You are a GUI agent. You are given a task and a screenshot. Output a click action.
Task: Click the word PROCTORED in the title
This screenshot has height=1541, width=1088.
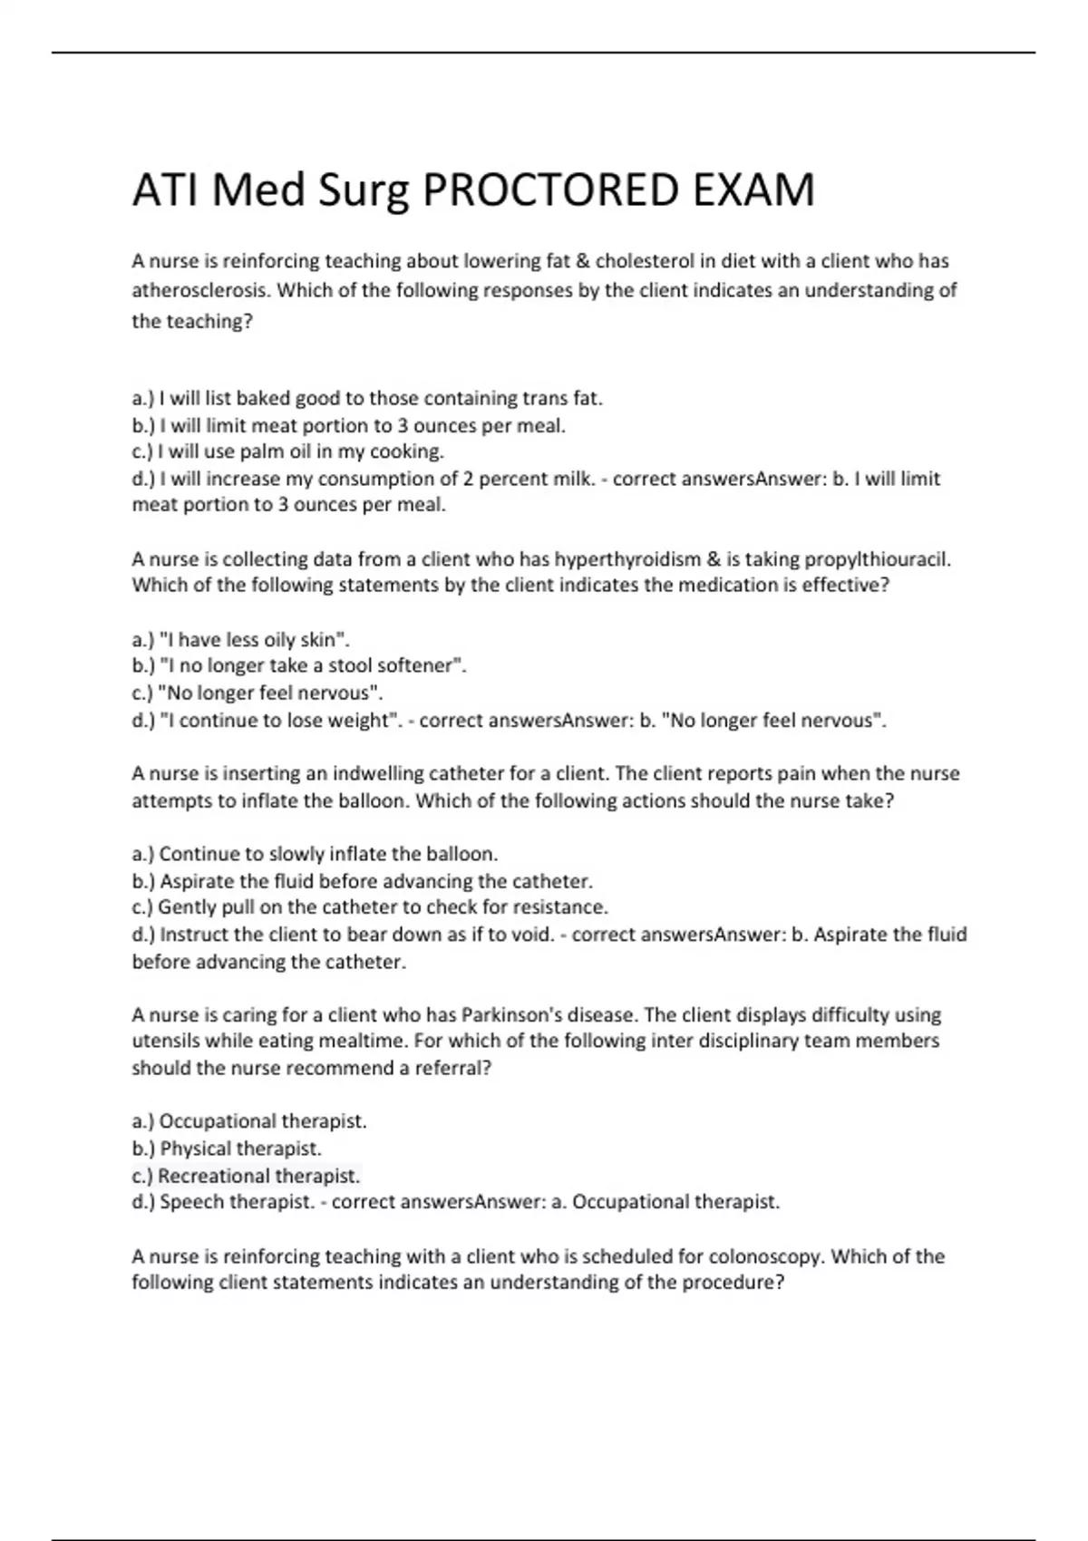pyautogui.click(x=551, y=190)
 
